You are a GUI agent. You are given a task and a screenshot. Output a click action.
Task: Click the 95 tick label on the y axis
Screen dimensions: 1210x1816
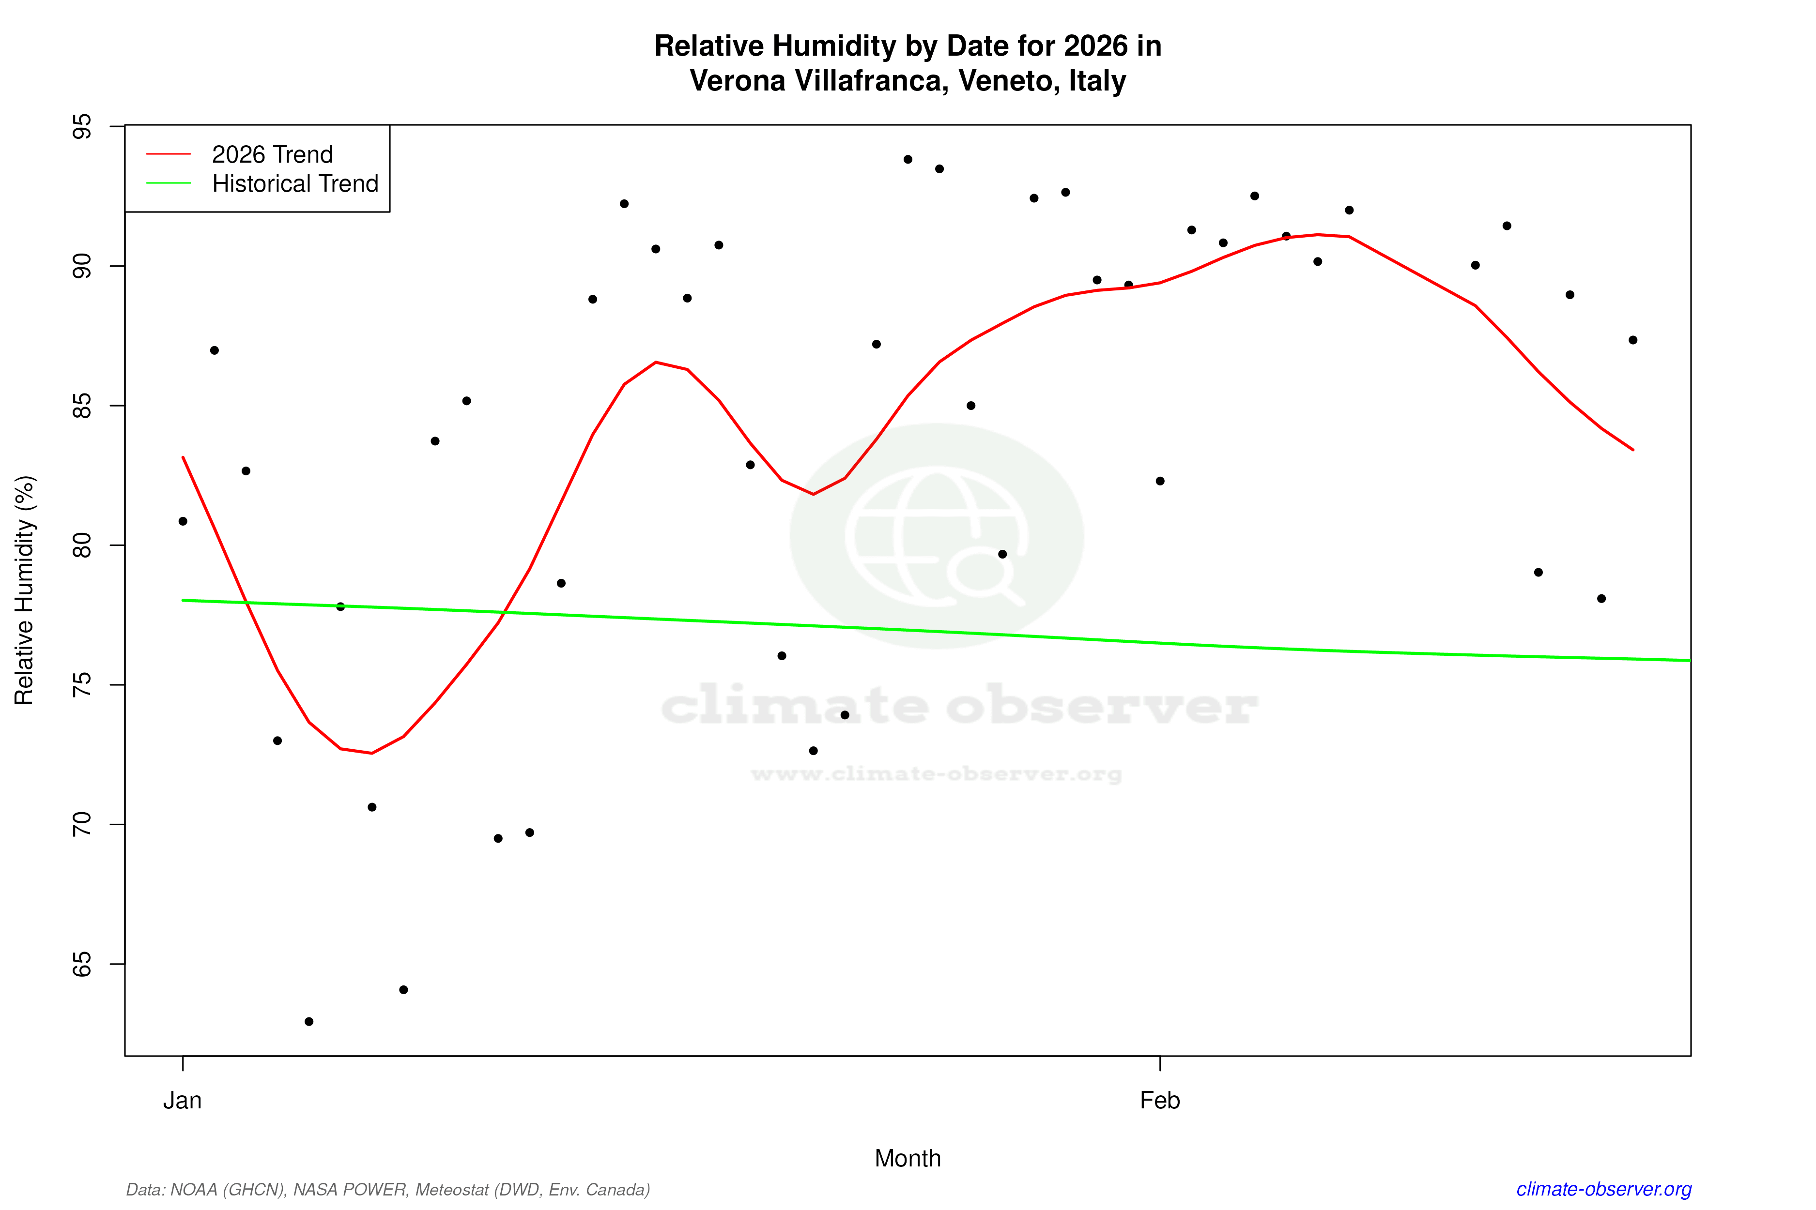click(x=81, y=126)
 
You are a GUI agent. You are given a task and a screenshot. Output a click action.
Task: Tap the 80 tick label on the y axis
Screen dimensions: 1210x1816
click(x=81, y=545)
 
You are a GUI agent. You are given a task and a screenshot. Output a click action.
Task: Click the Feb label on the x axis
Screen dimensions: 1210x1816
click(x=1160, y=1101)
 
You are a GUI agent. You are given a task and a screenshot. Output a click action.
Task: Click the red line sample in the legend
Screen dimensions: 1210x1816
click(x=169, y=154)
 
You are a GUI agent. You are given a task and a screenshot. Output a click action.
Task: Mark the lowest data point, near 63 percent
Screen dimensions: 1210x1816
click(x=309, y=1022)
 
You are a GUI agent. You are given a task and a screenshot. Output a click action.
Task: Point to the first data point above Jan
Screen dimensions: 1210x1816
click(x=183, y=522)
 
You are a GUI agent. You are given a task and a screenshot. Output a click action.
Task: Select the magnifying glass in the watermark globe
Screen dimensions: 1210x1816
click(x=985, y=575)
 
